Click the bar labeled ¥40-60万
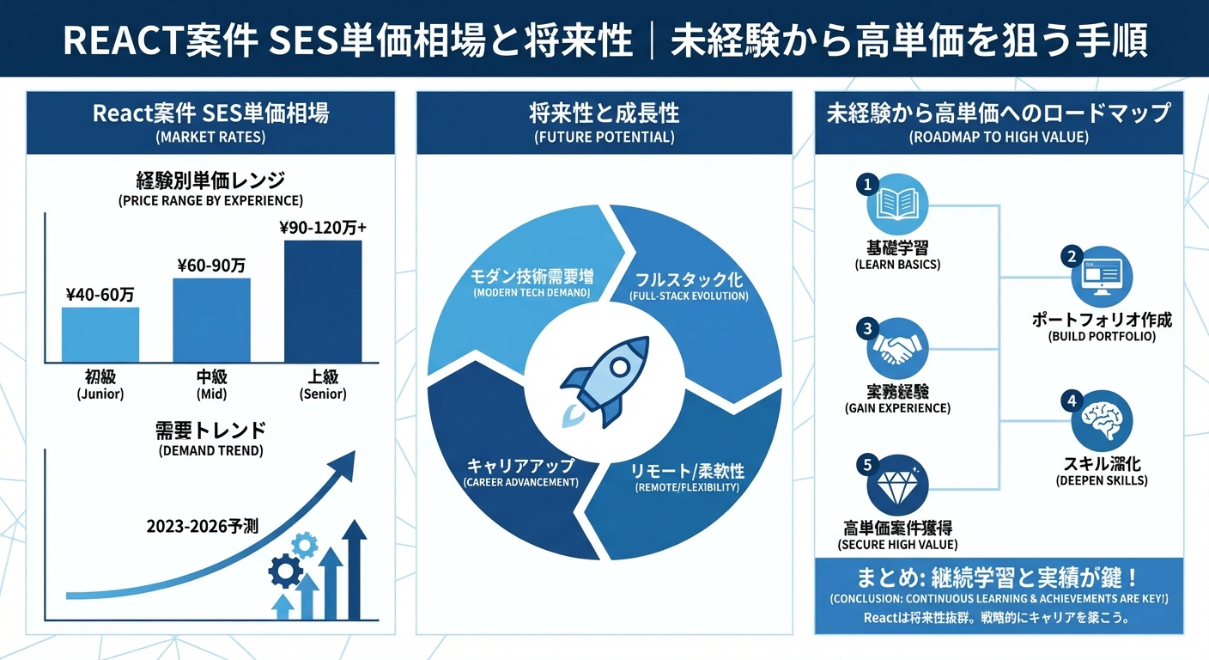(100, 334)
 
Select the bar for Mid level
(211, 320)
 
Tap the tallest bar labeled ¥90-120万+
(323, 301)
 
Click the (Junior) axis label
(100, 394)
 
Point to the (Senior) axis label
(323, 394)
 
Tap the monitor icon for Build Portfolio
(1102, 277)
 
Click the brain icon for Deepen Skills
(1102, 421)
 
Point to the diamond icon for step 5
(897, 486)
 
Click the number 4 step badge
(1071, 400)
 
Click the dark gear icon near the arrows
(285, 569)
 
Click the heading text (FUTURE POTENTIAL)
(604, 137)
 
